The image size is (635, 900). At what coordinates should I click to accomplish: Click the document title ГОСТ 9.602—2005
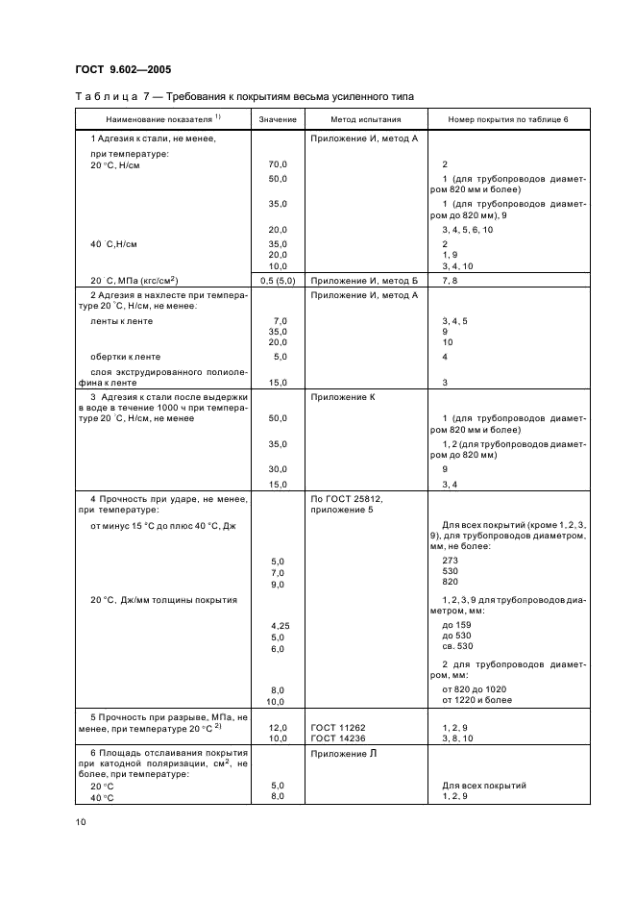tap(123, 68)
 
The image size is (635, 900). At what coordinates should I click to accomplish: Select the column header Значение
tap(278, 119)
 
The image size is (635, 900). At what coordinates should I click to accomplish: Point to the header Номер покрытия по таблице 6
tap(508, 119)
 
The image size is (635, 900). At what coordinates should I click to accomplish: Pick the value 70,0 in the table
tap(278, 165)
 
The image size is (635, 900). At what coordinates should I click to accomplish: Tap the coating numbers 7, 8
tap(450, 279)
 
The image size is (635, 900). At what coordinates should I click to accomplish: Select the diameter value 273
tap(450, 560)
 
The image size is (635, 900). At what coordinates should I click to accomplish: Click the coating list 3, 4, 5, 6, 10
tap(468, 230)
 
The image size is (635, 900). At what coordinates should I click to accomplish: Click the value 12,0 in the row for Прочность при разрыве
tap(278, 727)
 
